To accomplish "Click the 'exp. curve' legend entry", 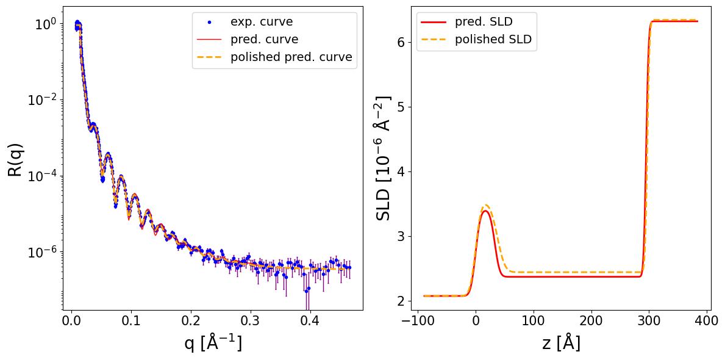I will (x=261, y=22).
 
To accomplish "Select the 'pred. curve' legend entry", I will (x=264, y=40).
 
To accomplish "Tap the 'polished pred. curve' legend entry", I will (x=291, y=57).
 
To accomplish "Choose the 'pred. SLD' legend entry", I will (x=483, y=22).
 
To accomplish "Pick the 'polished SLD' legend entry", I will (x=493, y=40).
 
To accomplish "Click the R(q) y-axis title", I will (x=16, y=159).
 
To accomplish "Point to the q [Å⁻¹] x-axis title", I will (x=213, y=344).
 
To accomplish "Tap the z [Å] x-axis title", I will (x=561, y=344).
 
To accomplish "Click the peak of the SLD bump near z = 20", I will (x=486, y=206).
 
